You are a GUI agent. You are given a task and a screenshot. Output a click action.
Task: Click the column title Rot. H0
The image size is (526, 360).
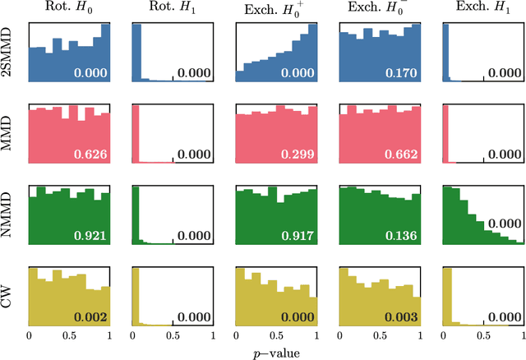point(69,9)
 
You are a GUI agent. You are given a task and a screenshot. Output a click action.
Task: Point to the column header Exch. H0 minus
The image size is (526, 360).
point(380,9)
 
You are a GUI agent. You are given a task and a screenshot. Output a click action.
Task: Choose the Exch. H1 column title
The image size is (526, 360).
point(483,9)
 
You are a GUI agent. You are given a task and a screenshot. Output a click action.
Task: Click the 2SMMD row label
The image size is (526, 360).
point(10,52)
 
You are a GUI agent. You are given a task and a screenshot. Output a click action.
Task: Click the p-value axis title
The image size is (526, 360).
point(277,351)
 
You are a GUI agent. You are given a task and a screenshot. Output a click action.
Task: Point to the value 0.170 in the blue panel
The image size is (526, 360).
point(403,73)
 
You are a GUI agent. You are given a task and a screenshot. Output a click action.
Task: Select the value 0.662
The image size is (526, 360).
point(403,154)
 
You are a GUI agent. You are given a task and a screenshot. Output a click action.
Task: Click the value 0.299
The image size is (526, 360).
point(299,154)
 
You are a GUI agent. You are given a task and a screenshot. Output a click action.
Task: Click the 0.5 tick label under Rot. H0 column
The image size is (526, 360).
point(69,335)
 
